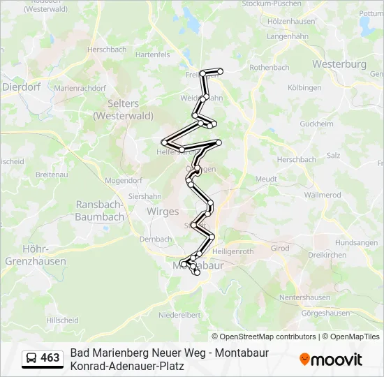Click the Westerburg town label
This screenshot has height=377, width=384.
click(x=339, y=64)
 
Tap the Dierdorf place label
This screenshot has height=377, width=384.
click(x=21, y=87)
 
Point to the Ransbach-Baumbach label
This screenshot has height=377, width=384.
click(x=99, y=211)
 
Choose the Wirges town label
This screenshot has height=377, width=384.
click(x=163, y=211)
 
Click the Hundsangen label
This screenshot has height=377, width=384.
click(x=356, y=242)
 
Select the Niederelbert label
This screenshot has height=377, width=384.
click(x=179, y=315)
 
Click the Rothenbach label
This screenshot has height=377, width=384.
click(x=269, y=68)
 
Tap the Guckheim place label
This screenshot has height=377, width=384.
click(x=316, y=124)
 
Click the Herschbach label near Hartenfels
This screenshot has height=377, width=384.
click(x=107, y=50)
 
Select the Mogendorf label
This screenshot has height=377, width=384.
click(x=123, y=180)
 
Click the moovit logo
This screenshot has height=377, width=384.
click(x=331, y=360)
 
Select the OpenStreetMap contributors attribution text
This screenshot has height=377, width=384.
click(x=263, y=337)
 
